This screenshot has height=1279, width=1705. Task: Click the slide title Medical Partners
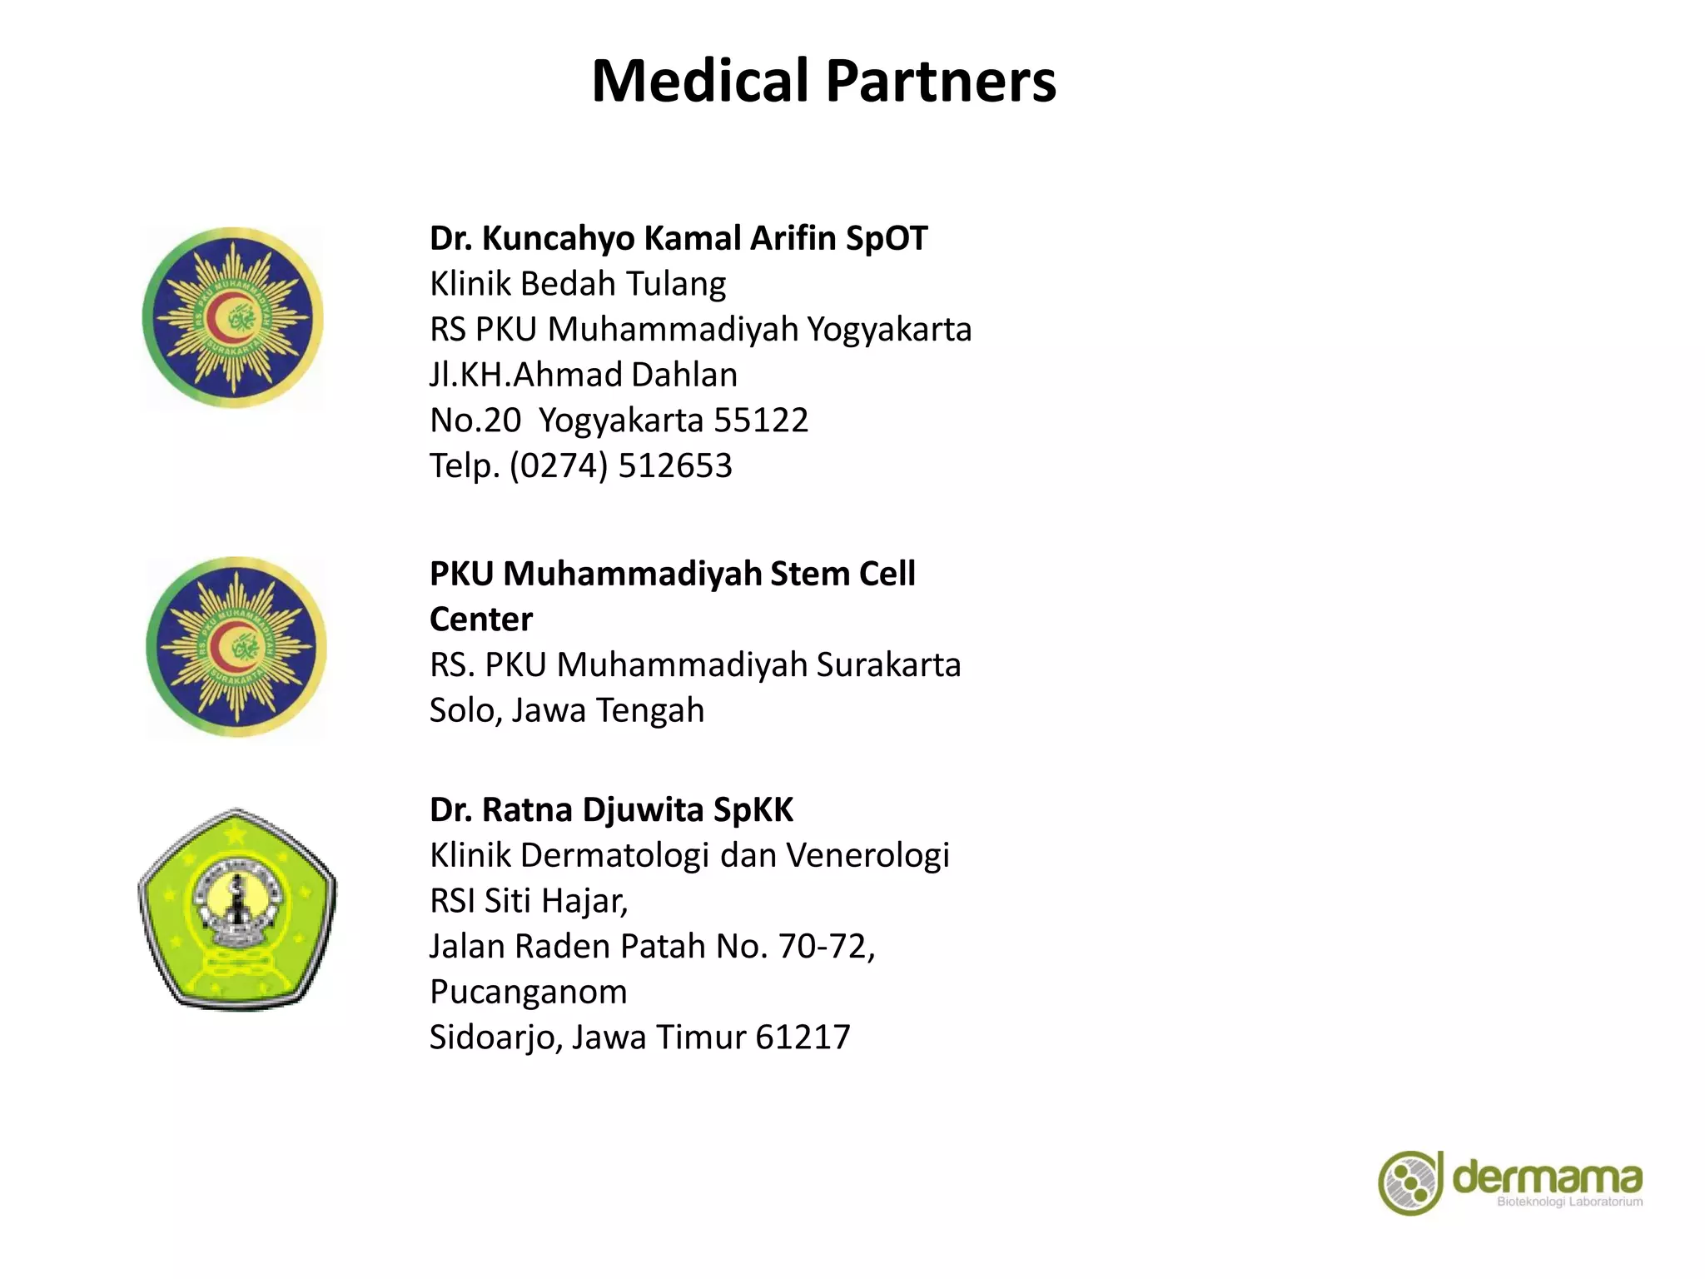pos(823,82)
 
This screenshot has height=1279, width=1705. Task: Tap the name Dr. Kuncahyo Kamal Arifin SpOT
pos(678,238)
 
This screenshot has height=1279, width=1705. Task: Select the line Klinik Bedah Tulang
pos(577,284)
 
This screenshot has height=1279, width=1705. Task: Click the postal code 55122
pos(761,421)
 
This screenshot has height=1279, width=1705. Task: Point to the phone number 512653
pos(675,465)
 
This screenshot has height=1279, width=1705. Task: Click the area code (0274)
pos(559,465)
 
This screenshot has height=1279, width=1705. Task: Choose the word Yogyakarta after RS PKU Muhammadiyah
pos(889,330)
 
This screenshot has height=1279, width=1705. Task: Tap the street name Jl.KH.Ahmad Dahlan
pos(583,375)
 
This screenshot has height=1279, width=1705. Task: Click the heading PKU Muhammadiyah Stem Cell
pos(672,574)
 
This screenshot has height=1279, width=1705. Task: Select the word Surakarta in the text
pos(888,665)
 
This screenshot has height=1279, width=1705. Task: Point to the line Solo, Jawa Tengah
pos(566,710)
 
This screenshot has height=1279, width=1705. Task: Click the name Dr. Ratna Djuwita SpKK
pos(611,810)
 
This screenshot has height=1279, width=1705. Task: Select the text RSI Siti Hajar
pos(528,901)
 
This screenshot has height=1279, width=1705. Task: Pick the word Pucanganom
pos(528,992)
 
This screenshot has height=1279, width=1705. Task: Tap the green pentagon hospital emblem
pos(237,909)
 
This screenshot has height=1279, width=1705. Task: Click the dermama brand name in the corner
pos(1547,1177)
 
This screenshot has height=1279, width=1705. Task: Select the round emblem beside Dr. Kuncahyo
pos(233,318)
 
